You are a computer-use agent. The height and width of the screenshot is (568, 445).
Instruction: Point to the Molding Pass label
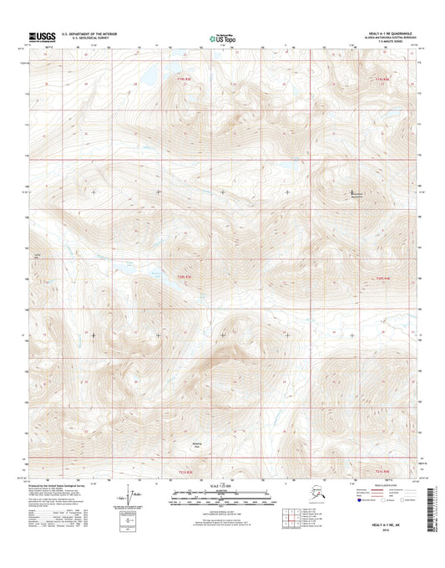click(x=197, y=446)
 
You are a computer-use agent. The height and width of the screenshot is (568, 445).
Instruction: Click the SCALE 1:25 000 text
click(x=221, y=488)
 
